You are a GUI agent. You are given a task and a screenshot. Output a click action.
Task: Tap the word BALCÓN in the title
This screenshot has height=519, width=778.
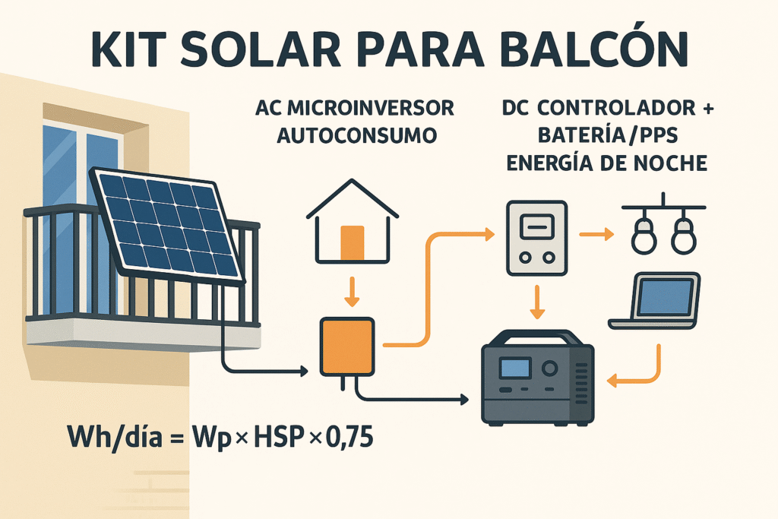pos(598,50)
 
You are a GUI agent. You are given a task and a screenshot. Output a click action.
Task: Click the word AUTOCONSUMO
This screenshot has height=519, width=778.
pos(357,136)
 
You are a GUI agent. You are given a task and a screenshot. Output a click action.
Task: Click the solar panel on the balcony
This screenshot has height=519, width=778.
pos(169,223)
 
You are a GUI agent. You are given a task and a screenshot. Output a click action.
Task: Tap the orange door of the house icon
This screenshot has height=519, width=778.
pos(353,242)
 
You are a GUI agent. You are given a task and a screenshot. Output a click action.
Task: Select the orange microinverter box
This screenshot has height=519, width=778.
pos(347,347)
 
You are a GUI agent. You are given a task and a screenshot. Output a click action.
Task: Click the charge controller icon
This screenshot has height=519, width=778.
pos(536,238)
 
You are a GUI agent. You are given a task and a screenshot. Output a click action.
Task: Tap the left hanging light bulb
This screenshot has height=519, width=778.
pos(644,236)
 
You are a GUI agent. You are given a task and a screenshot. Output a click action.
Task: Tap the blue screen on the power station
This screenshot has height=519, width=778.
pos(514,369)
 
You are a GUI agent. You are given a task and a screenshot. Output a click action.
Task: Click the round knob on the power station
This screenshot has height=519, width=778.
pos(549,369)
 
